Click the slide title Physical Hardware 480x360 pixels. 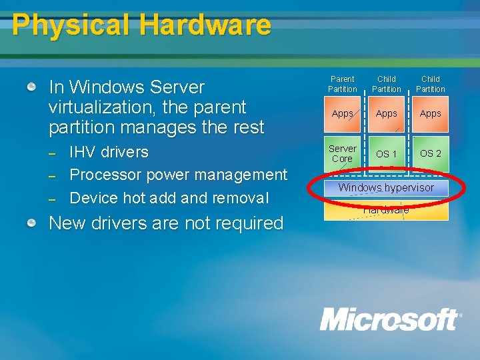coord(141,25)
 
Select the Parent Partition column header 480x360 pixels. coord(342,84)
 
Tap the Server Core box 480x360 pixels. coord(343,154)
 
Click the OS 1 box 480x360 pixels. coord(386,154)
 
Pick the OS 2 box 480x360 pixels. coord(430,153)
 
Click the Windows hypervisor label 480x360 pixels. coord(386,188)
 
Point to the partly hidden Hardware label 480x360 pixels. coord(387,211)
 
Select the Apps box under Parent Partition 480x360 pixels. coord(343,113)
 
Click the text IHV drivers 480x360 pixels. coord(109,152)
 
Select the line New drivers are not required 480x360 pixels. coord(166,223)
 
